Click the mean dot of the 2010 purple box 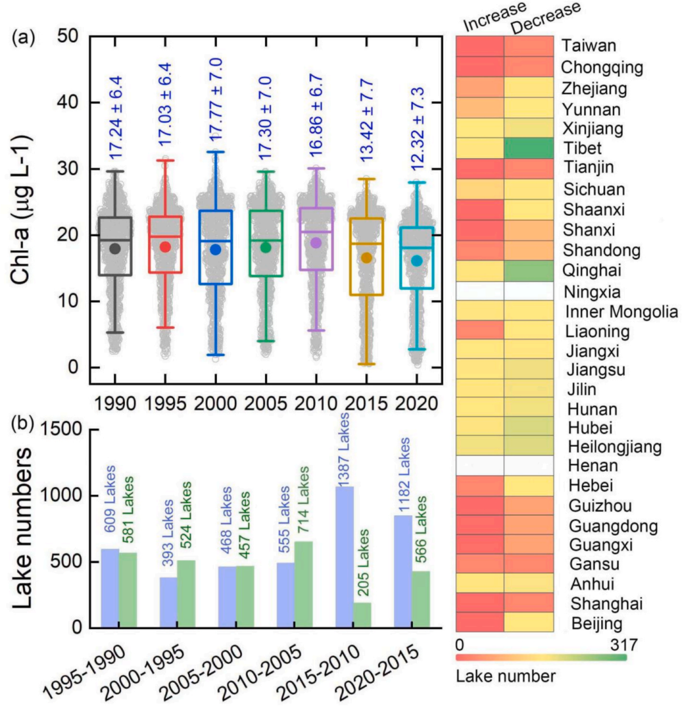click(x=315, y=243)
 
